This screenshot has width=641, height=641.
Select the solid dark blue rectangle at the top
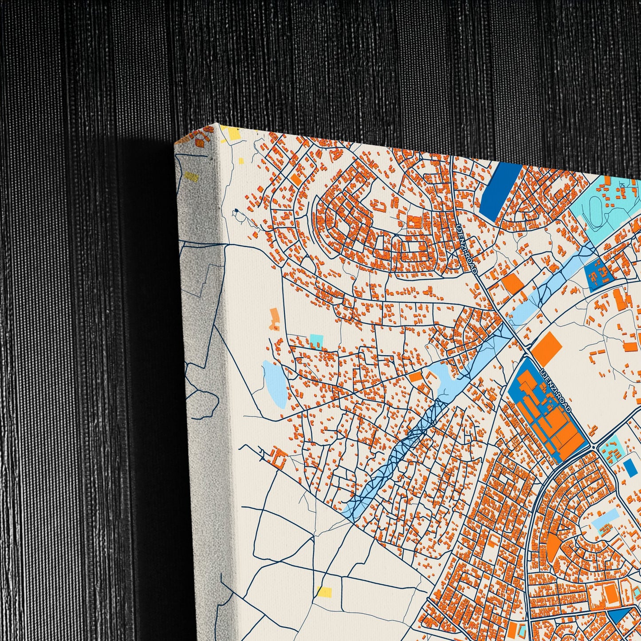[495, 192]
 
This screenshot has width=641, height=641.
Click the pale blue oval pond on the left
[275, 384]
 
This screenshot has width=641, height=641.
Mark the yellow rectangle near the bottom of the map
[324, 592]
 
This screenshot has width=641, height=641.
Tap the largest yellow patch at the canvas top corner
[232, 134]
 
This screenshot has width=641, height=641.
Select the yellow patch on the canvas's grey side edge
[192, 177]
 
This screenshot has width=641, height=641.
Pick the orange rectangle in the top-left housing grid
[296, 179]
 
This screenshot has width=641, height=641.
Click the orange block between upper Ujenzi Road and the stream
[513, 283]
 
